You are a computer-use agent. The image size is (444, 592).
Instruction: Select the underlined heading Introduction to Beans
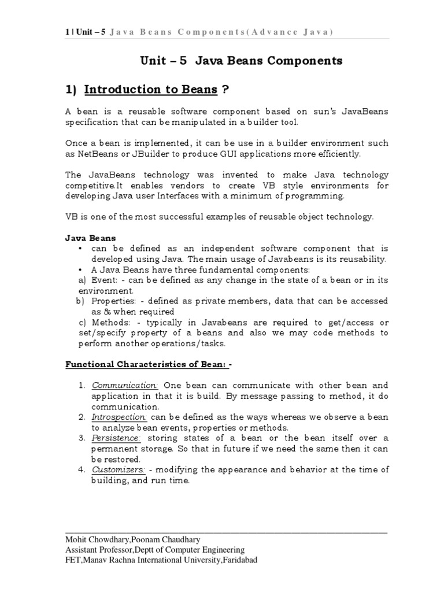pos(151,90)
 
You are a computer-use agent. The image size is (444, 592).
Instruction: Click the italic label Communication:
pos(125,386)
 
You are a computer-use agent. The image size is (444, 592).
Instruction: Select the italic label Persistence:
pos(116,438)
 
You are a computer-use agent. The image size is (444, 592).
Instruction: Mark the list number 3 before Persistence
pos(83,438)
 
